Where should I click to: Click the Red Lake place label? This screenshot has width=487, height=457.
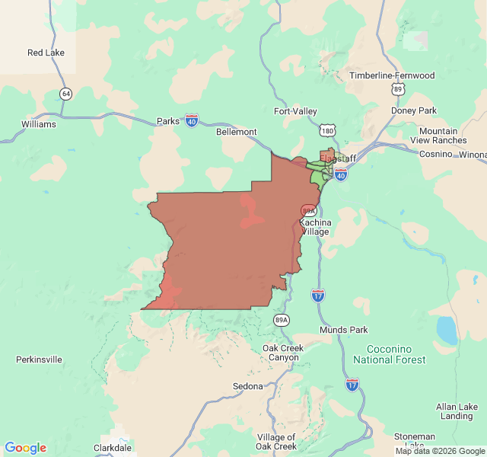coord(46,53)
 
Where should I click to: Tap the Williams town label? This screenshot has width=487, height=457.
coord(39,124)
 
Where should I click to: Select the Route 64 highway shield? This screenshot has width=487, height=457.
coord(66,94)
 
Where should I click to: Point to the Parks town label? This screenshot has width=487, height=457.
coord(167,121)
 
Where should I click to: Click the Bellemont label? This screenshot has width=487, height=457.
coord(237,132)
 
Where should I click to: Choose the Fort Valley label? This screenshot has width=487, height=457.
coord(295,111)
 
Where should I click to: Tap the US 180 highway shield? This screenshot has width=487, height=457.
coord(327,132)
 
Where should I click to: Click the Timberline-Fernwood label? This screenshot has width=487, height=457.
coord(392,75)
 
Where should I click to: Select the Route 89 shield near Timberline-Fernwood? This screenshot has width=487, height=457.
coord(397,89)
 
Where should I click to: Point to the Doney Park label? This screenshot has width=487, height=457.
coord(414,110)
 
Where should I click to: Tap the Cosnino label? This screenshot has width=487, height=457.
coord(437,154)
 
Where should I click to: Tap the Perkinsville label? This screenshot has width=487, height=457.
coord(39,359)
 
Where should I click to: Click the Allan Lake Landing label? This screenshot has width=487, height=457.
coord(457,411)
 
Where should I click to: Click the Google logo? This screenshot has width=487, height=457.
coord(25,448)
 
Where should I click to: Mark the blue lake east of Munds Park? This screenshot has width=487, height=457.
coord(446,330)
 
